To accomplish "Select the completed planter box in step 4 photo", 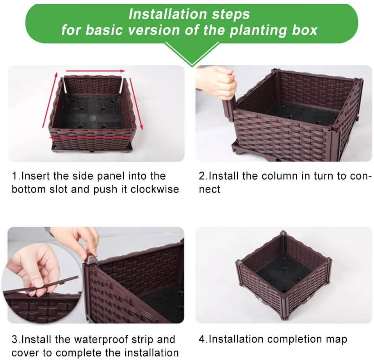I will [x=283, y=270].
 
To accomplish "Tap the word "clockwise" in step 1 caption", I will [x=155, y=189].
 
